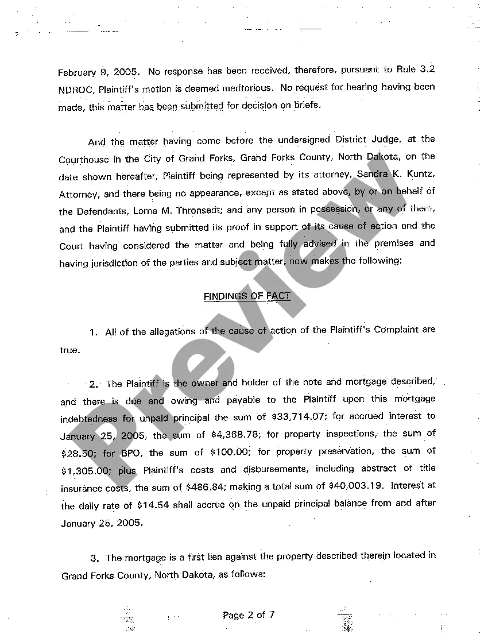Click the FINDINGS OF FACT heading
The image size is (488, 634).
(x=247, y=296)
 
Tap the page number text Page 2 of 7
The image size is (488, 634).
(x=249, y=615)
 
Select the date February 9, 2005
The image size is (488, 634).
(x=99, y=73)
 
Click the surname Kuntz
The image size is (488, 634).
(x=420, y=174)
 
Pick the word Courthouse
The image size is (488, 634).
(x=83, y=160)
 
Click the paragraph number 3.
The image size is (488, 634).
(x=94, y=558)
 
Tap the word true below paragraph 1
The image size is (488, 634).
(x=69, y=350)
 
